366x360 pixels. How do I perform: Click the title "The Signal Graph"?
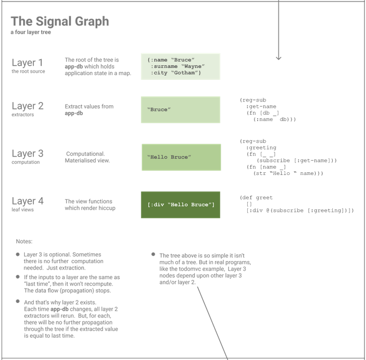tap(60, 21)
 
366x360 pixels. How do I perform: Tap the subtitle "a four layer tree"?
tap(31, 33)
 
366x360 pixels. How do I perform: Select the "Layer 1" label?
tap(27, 63)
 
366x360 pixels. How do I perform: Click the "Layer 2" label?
tap(27, 106)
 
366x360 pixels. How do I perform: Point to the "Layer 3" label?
tap(27, 153)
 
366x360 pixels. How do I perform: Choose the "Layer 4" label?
tap(27, 201)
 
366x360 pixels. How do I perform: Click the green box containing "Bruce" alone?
tap(180, 110)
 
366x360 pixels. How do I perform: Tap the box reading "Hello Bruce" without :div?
tap(180, 157)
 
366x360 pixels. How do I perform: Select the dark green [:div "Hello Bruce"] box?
tap(180, 205)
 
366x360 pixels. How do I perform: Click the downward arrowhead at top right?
tap(278, 58)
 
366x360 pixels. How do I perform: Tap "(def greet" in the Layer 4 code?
tap(256, 198)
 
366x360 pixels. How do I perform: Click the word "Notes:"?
tap(24, 242)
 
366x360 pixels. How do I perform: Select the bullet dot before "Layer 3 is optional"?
tap(17, 255)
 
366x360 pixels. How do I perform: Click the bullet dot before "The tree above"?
tap(153, 255)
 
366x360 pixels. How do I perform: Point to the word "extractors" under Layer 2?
tap(23, 114)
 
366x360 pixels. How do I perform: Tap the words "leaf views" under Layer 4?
tap(23, 209)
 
